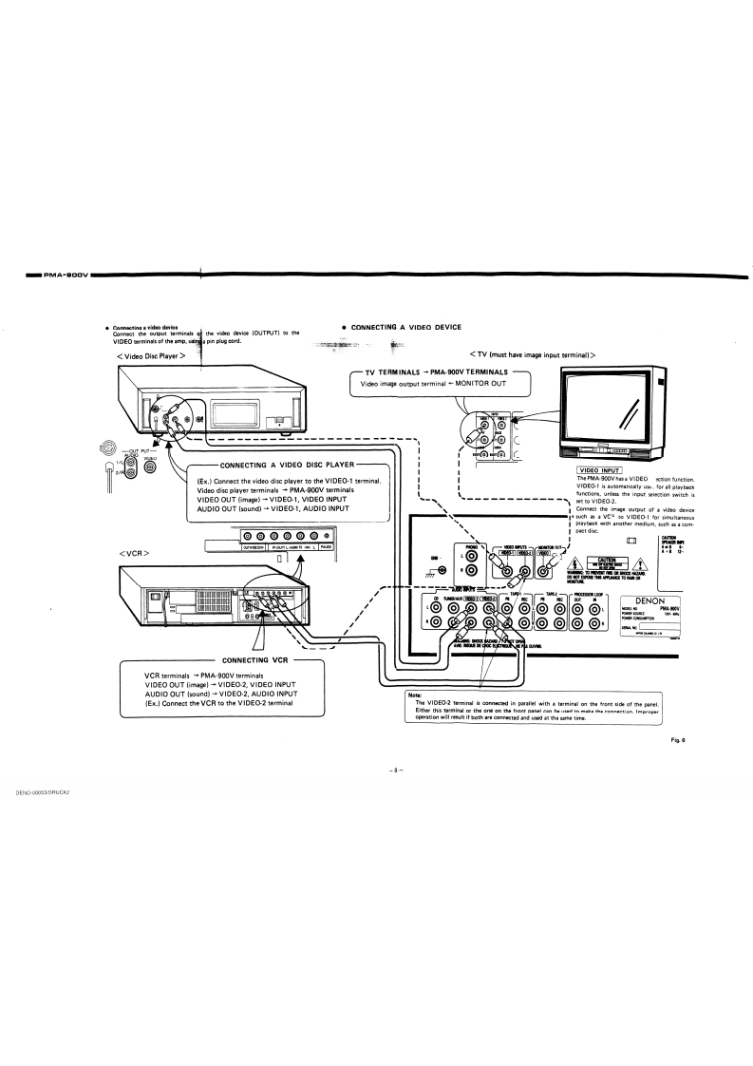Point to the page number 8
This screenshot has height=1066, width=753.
396,770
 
